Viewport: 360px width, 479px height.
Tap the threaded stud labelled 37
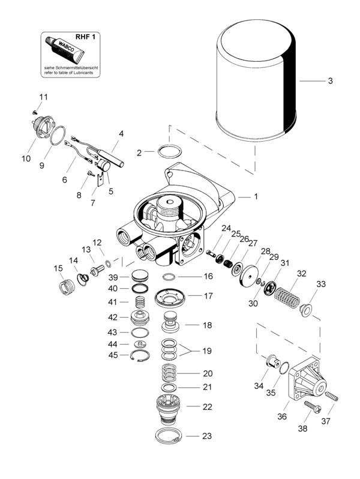tap(332, 396)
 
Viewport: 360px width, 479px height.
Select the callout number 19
tap(207, 351)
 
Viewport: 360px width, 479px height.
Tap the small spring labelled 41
tap(139, 302)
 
